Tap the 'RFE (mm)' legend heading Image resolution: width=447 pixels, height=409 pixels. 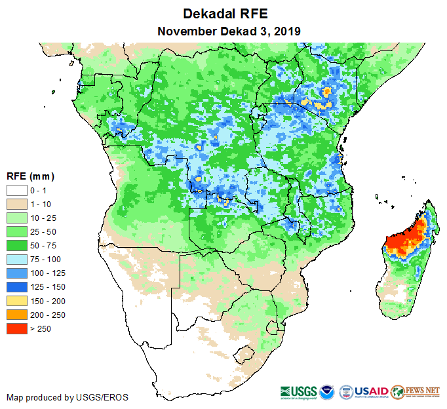(30, 176)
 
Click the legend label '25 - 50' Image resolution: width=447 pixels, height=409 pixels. (45, 231)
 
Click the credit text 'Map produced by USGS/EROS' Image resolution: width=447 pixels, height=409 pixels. (68, 397)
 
